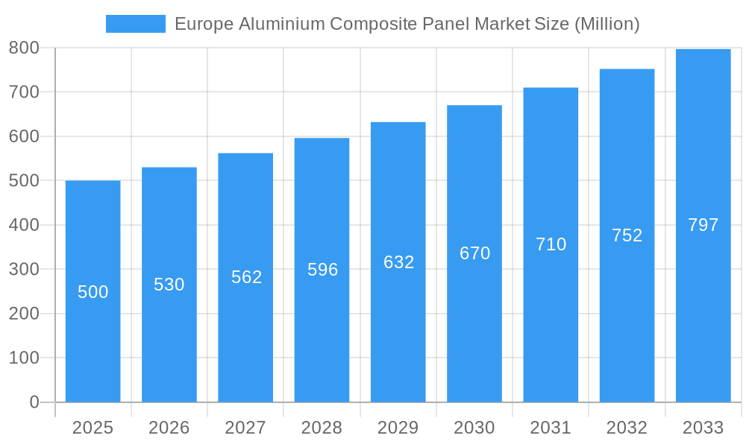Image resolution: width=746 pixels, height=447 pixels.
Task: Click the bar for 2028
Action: [x=322, y=335]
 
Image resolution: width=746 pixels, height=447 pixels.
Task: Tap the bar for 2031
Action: [x=551, y=320]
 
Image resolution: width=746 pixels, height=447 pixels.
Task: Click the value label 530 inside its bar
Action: [x=169, y=285]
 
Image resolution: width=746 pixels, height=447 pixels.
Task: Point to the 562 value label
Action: [x=246, y=277]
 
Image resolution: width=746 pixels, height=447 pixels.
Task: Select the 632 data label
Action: [x=398, y=262]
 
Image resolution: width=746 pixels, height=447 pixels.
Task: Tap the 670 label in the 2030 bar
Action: [x=474, y=253]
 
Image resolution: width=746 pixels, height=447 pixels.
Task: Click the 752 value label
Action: [x=627, y=235]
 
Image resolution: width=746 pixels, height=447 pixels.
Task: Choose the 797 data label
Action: [x=703, y=225]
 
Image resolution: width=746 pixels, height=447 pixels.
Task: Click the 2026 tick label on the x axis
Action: [x=169, y=428]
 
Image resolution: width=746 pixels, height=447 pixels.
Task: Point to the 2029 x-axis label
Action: [x=398, y=428]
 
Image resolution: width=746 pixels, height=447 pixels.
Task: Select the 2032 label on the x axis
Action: [x=627, y=428]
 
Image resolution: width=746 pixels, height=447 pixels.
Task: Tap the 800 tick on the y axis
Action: [x=24, y=48]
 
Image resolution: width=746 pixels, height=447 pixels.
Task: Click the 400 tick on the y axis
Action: [x=24, y=225]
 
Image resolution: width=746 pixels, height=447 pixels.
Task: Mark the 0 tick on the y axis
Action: [x=34, y=402]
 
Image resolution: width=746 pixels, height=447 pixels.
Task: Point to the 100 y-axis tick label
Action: [x=24, y=358]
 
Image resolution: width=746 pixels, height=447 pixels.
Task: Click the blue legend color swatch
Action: [x=136, y=24]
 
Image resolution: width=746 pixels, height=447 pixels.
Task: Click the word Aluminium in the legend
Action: [x=282, y=24]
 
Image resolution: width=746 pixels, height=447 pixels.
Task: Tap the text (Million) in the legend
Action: [x=606, y=24]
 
